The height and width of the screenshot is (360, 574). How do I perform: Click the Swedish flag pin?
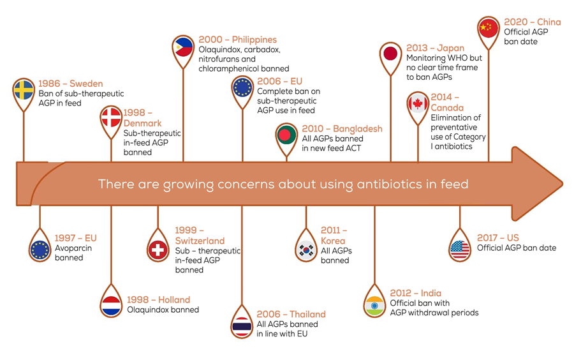24,91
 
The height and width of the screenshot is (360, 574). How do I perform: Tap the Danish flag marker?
111,118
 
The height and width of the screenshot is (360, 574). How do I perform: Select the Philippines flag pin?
183,49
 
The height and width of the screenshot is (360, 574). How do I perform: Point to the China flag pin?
489,29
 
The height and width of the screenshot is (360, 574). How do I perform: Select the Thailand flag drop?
242,325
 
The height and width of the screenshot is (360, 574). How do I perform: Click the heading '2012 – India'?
415,293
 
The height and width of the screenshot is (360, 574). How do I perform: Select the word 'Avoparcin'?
73,248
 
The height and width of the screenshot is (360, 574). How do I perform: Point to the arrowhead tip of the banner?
563,183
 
